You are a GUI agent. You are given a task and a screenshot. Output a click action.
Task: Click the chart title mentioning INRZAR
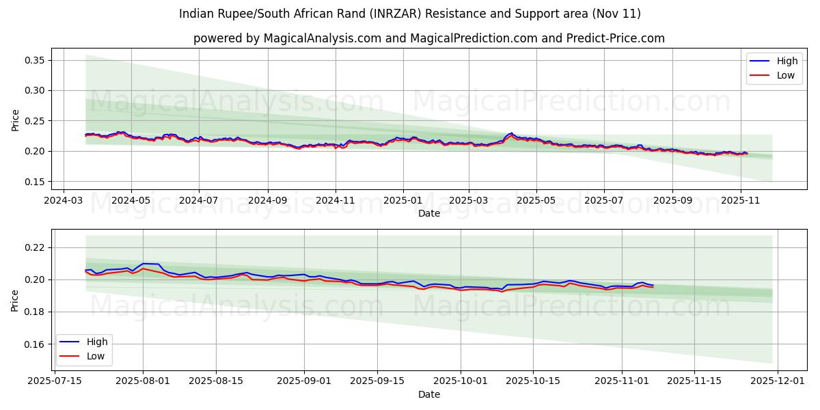(410, 14)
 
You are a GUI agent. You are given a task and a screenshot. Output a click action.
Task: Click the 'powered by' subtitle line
(428, 38)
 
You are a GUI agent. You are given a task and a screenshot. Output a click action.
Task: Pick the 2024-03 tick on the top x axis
(64, 202)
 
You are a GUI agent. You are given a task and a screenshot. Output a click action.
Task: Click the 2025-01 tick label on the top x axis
(402, 202)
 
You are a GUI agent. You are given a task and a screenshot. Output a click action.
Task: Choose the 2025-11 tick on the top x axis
(741, 202)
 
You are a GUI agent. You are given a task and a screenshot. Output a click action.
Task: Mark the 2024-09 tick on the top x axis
(267, 202)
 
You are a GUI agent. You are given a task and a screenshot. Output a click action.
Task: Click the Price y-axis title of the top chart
(15, 120)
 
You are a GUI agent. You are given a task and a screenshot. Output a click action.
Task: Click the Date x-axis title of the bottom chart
(428, 395)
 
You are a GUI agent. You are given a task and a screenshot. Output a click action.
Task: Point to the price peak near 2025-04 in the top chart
(510, 133)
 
